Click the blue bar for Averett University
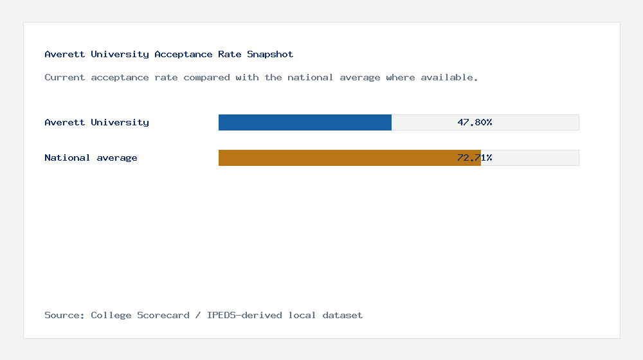tap(305, 122)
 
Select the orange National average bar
tap(349, 157)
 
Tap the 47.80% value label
tap(475, 122)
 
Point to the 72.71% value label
tap(475, 157)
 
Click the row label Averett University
tap(96, 122)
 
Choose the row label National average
tap(91, 157)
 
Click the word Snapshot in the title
tap(270, 55)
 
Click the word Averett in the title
tap(65, 55)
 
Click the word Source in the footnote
tap(64, 316)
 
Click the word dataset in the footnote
tap(343, 316)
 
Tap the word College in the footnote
tap(111, 316)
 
